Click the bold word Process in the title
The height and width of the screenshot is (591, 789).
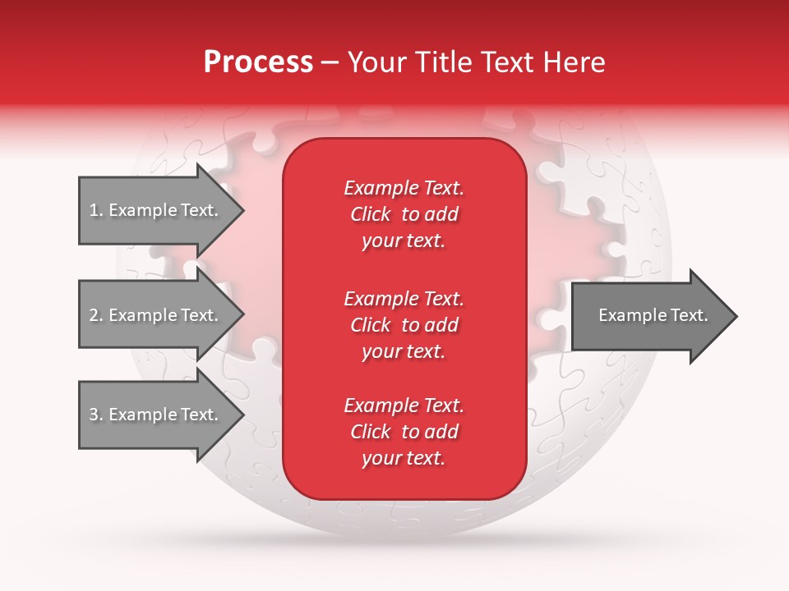[258, 62]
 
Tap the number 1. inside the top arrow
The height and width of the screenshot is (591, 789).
[96, 210]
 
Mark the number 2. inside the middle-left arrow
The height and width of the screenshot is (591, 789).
[96, 315]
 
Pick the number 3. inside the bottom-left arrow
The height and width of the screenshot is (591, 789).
[96, 415]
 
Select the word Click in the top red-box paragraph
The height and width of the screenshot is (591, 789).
[371, 214]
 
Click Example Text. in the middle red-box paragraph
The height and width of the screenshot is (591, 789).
[404, 299]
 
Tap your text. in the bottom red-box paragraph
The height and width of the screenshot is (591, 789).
[404, 458]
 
